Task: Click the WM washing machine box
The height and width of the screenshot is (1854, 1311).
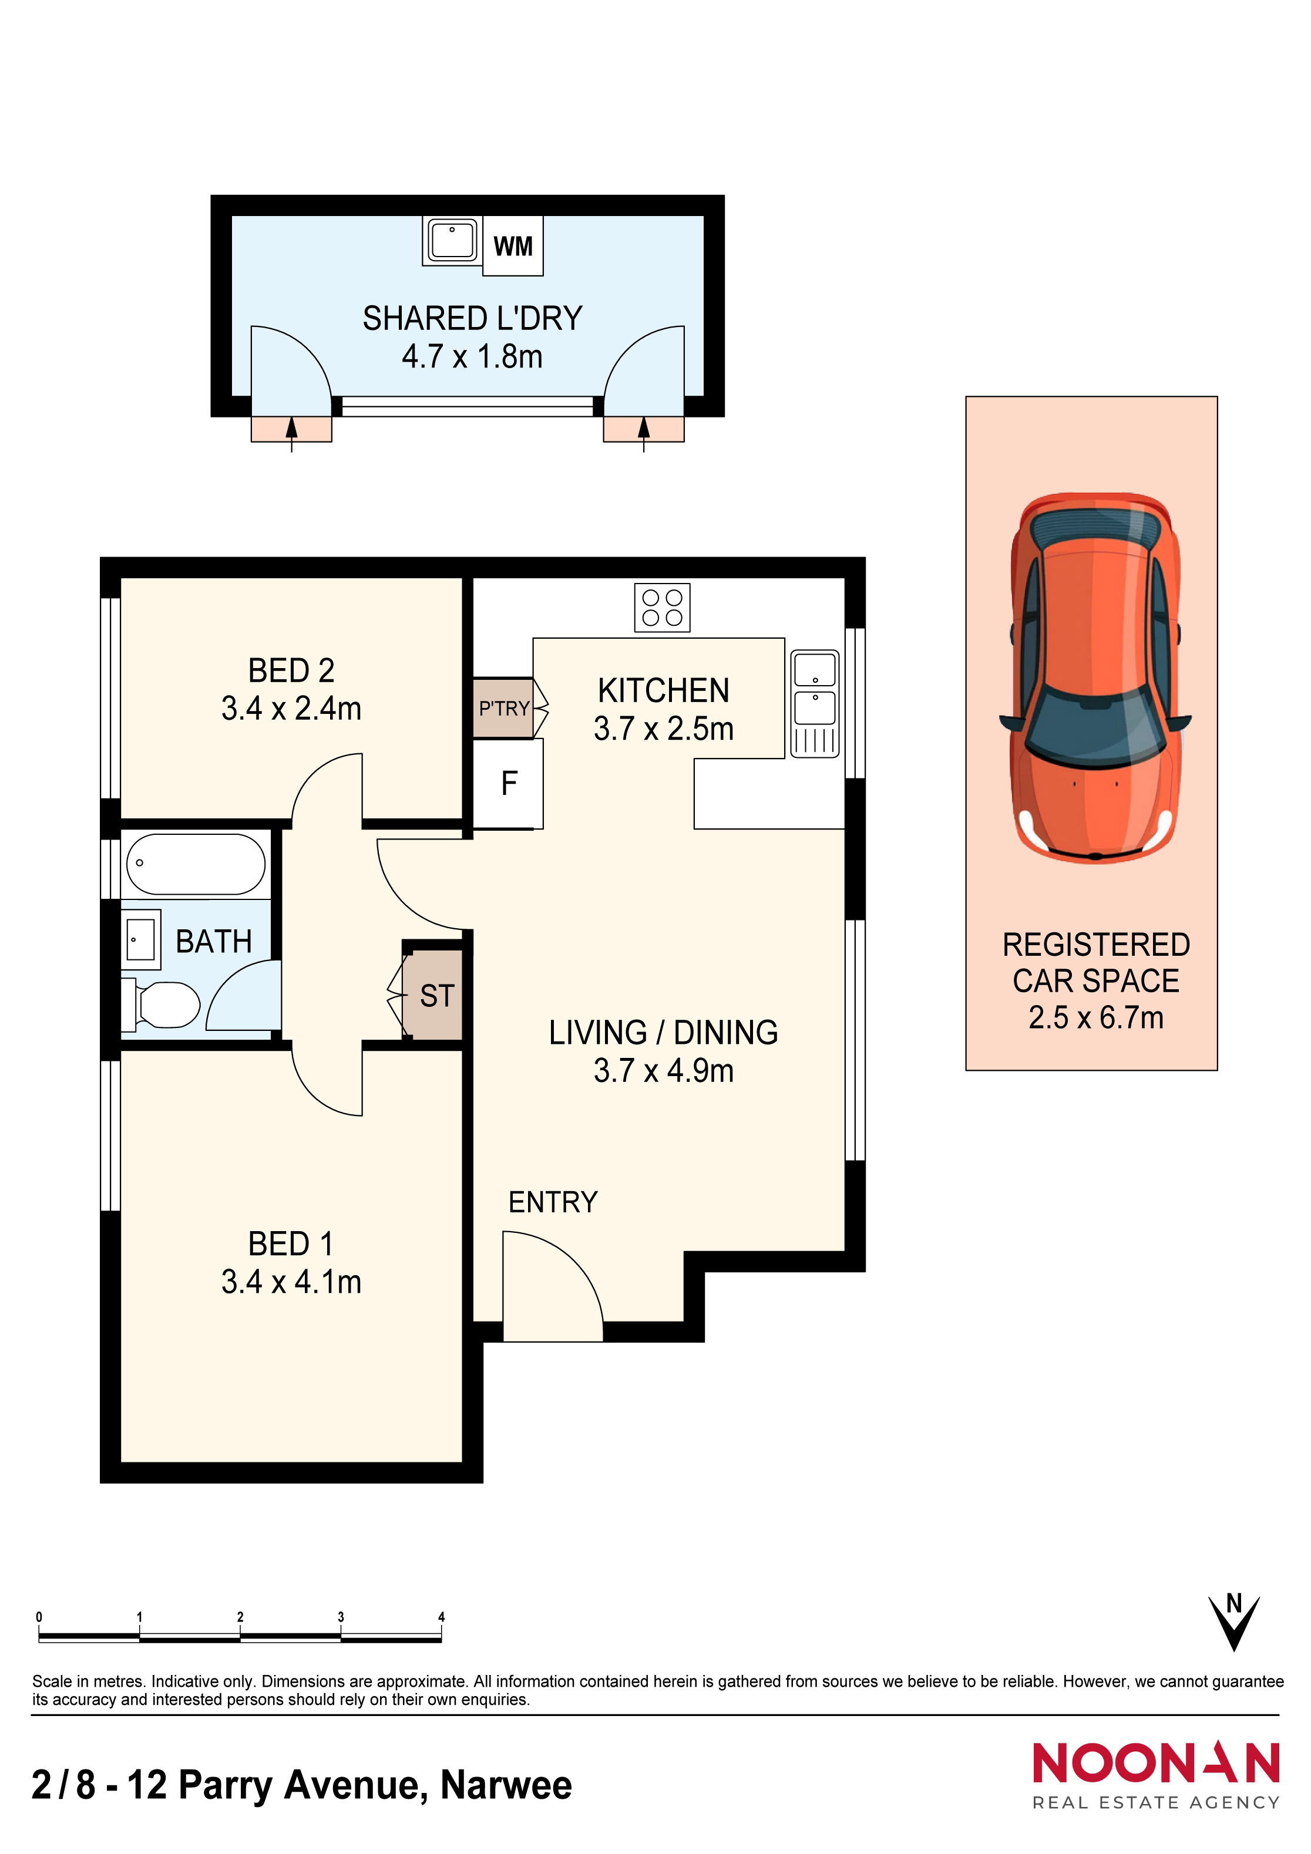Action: (513, 245)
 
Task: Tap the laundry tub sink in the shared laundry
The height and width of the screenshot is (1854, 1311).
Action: (452, 240)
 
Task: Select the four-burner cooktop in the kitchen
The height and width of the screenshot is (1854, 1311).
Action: (663, 607)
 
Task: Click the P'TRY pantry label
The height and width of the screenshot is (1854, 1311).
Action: (504, 708)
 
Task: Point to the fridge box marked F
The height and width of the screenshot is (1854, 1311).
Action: (508, 783)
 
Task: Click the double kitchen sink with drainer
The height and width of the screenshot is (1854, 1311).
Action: (815, 703)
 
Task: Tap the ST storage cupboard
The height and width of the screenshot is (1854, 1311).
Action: (433, 996)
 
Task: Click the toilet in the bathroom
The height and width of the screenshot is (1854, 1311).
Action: (161, 1004)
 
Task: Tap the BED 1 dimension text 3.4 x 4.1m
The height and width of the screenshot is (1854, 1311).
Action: (291, 1282)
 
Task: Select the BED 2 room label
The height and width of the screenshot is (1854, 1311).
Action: (291, 670)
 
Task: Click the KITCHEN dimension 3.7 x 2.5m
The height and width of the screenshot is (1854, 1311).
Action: (664, 729)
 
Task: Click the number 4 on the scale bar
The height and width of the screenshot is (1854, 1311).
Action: (441, 1617)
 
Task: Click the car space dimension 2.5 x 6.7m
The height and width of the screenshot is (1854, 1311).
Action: (1096, 1017)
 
